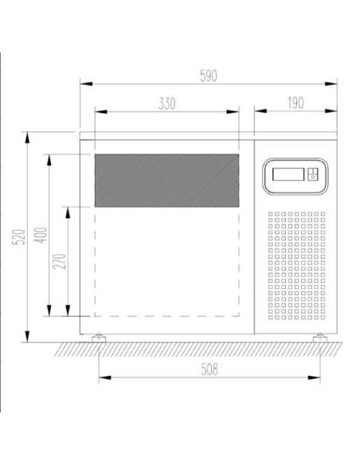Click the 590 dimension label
[x=209, y=76]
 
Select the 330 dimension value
[x=167, y=104]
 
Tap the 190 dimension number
[x=295, y=103]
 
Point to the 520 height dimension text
[x=18, y=236]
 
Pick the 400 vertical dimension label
[x=41, y=235]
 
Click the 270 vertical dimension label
[x=59, y=261]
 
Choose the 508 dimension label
[x=209, y=369]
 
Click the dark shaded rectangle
[x=166, y=180]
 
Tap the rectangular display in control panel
[x=288, y=174]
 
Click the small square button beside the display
[x=312, y=174]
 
